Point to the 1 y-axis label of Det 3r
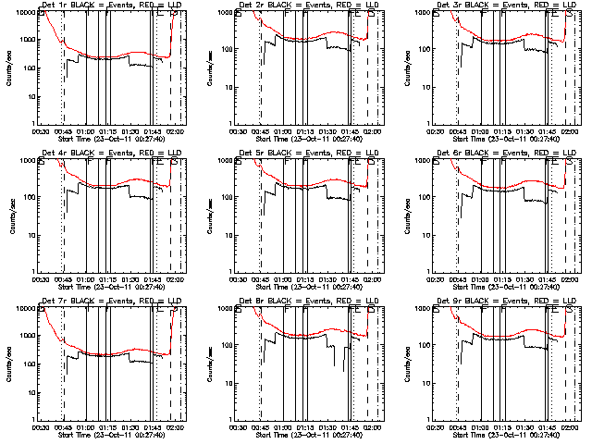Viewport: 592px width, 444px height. (428, 124)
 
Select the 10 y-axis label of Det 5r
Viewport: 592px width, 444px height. (228, 235)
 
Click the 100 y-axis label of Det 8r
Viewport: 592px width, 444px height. (227, 345)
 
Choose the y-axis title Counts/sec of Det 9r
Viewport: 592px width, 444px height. (403, 363)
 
